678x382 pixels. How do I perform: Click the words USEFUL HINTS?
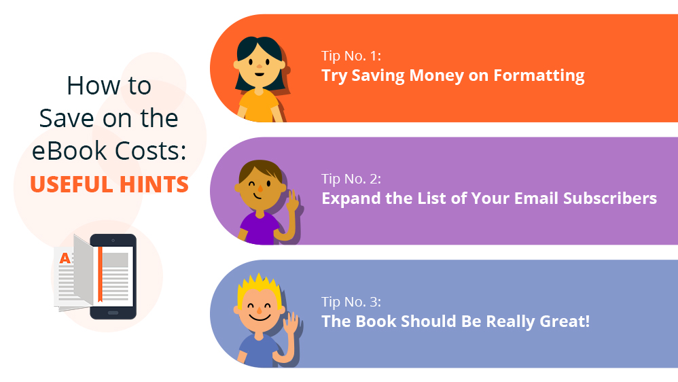[109, 184]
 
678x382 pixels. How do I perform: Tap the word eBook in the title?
[69, 150]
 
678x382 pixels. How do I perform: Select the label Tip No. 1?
[351, 56]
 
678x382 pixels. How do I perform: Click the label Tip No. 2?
[351, 179]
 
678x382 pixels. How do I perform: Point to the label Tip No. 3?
[351, 302]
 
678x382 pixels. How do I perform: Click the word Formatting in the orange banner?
[539, 75]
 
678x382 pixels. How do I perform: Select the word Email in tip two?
[536, 198]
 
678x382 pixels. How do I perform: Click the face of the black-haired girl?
[260, 66]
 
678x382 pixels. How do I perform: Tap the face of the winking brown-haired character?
[260, 191]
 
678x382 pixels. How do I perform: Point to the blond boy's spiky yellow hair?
[259, 285]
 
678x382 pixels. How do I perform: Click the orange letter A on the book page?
[65, 258]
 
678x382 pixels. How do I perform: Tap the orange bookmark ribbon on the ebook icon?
[100, 273]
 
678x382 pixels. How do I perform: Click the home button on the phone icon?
[113, 313]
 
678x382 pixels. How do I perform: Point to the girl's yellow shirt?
[260, 106]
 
